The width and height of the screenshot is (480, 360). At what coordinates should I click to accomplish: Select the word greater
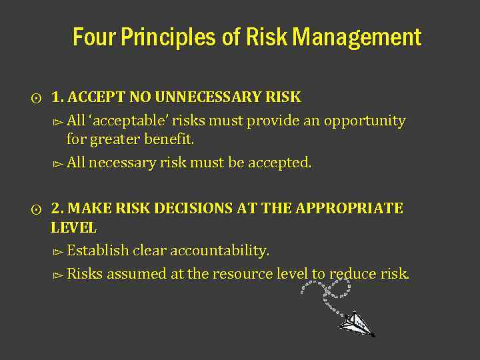116,140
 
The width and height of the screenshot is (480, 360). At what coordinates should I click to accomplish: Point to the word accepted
279,163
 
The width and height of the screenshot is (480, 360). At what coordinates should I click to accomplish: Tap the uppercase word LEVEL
74,228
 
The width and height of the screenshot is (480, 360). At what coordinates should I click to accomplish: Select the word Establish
98,251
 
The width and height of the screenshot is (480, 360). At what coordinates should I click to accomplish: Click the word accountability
220,251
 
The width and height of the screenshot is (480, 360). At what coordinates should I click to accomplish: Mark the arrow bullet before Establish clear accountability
57,252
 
